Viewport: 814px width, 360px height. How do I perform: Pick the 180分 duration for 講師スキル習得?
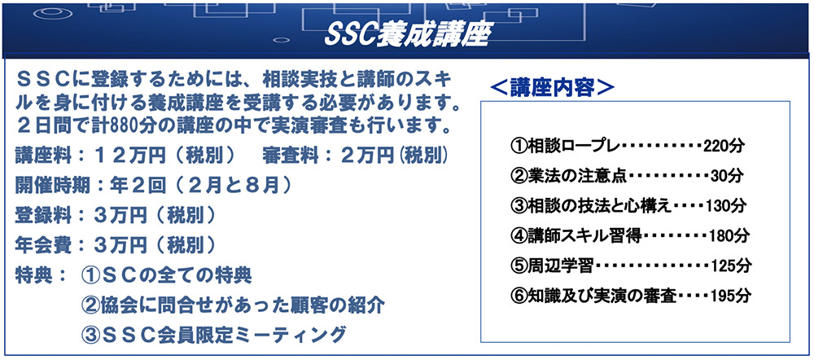coord(729,236)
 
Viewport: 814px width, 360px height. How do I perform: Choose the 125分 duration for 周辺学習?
coord(730,266)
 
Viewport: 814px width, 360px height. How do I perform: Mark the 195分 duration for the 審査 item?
coord(730,296)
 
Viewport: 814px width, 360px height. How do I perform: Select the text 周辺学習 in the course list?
coord(560,266)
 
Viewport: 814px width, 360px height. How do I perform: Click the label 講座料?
coord(41,155)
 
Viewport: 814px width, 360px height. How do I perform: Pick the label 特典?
coord(33,275)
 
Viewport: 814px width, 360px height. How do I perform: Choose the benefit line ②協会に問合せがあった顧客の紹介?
coord(233,305)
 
